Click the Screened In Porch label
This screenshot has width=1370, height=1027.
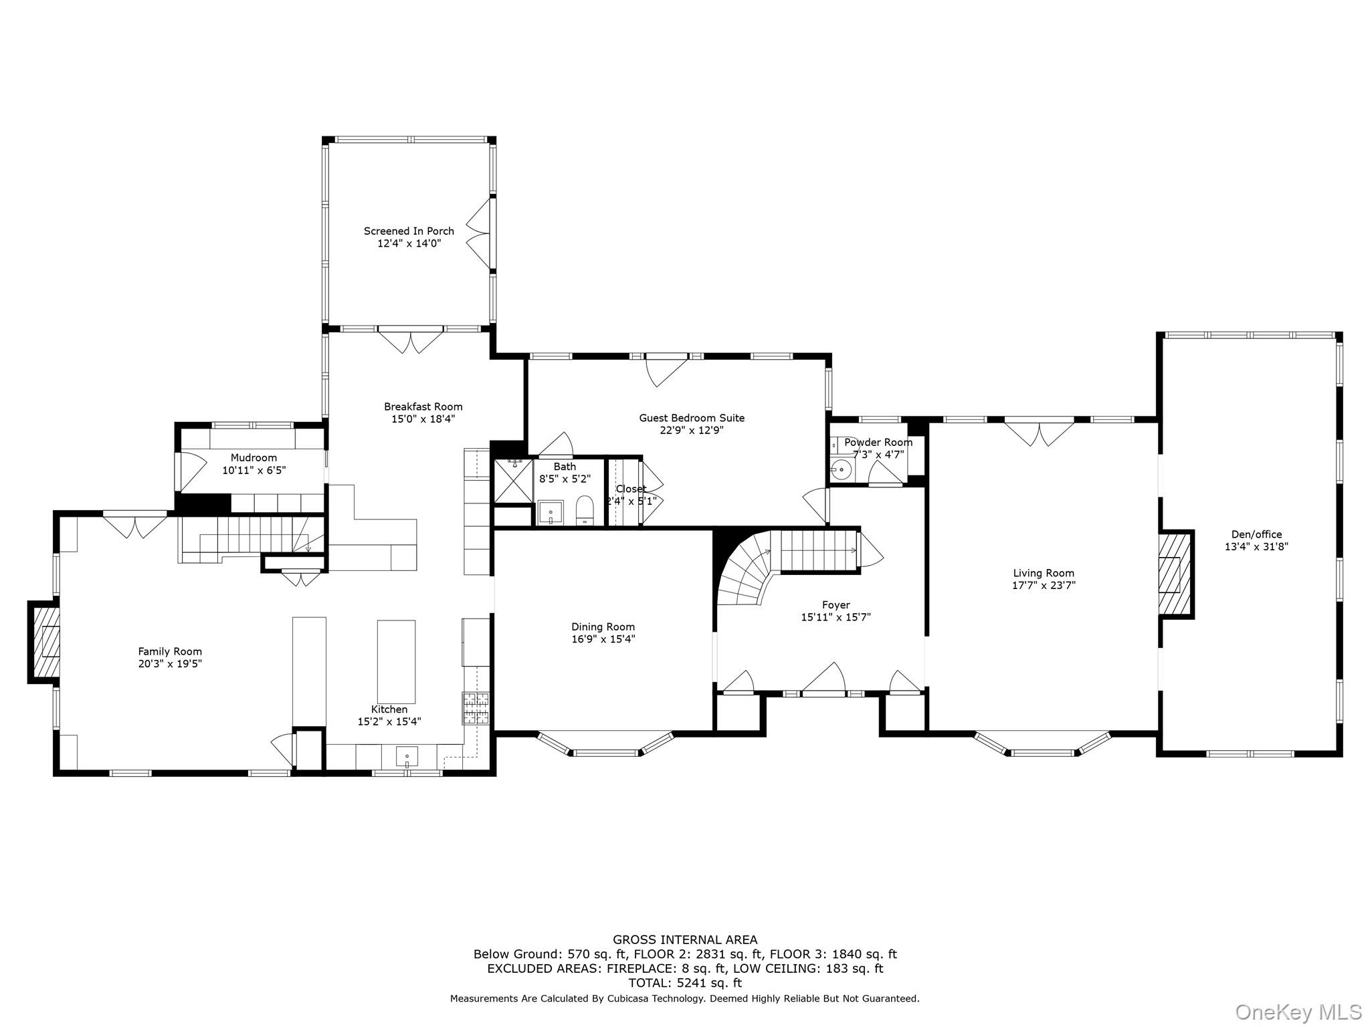[x=409, y=231]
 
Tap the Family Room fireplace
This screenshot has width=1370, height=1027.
[x=47, y=643]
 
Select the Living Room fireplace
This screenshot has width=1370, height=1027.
[x=1175, y=574]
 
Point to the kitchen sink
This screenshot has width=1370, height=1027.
[x=407, y=758]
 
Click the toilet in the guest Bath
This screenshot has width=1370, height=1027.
[x=585, y=510]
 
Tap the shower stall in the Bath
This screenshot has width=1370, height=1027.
[x=513, y=480]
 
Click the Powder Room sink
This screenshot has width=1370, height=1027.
[x=842, y=470]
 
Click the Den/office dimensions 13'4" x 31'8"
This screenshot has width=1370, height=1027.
[x=1256, y=546]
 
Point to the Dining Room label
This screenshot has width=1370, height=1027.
[x=603, y=626]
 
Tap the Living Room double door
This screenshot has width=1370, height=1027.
[x=1039, y=431]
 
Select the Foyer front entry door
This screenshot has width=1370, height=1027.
[x=823, y=679]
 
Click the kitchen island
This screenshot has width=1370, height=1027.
[x=396, y=661]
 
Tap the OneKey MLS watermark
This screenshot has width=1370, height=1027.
[x=1298, y=1012]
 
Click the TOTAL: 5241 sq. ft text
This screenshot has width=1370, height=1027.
[x=684, y=983]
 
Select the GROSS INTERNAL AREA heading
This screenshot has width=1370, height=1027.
[x=684, y=940]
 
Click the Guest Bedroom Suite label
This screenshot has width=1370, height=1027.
[x=691, y=418]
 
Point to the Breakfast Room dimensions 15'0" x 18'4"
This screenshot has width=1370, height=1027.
[x=423, y=419]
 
